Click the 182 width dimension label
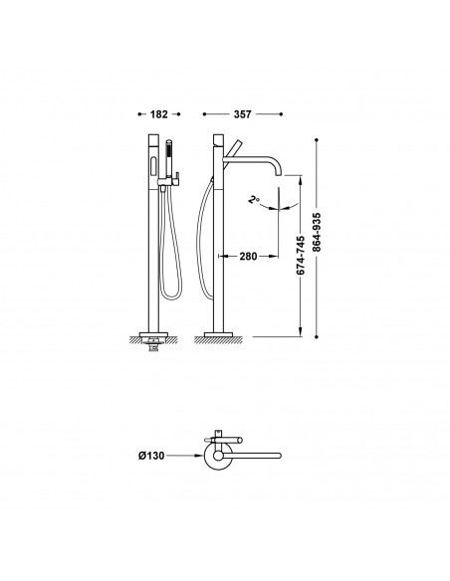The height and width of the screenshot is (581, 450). pos(158,114)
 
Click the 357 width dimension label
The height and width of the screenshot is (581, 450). pos(242,114)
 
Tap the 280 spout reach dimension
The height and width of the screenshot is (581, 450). pos(248,256)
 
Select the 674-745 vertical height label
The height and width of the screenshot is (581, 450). pos(301,256)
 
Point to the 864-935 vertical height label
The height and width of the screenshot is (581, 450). pos(317,233)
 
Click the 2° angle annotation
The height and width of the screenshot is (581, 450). pos(254,200)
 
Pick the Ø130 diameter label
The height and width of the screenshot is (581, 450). pos(151,456)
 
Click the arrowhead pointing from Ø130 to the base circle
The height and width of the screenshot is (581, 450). pos(200,456)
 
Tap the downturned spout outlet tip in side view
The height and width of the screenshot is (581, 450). pos(279,174)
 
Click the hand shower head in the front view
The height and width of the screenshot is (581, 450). pos(169,154)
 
